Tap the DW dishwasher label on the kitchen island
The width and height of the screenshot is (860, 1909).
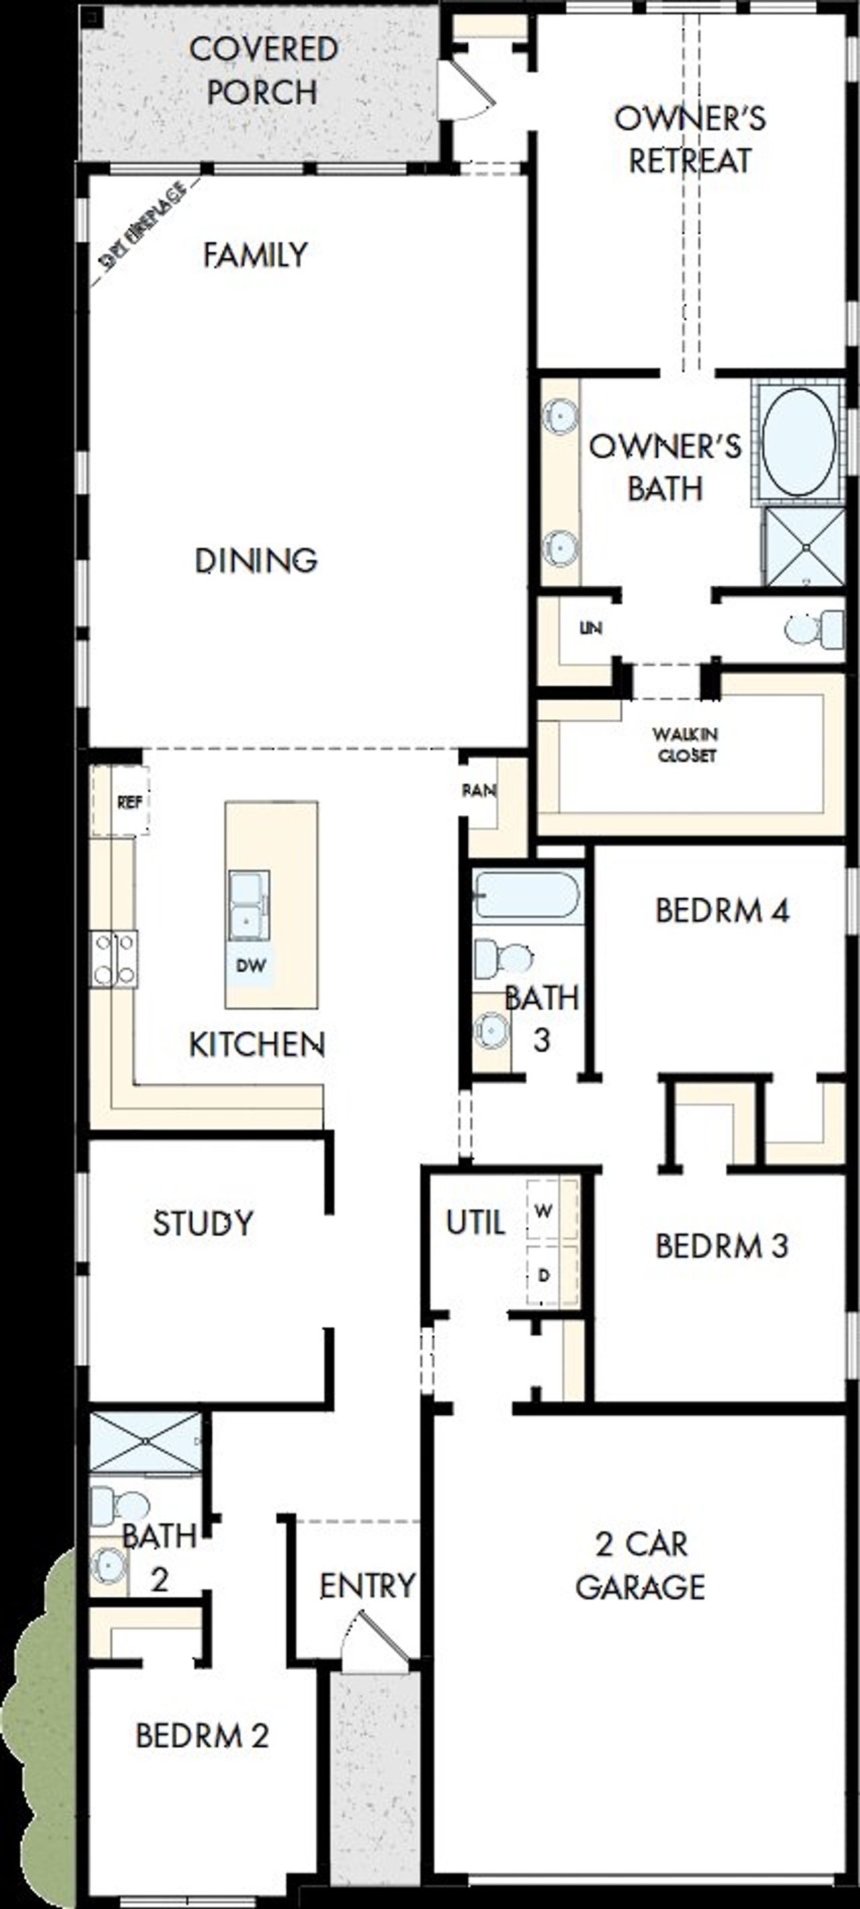click(x=251, y=966)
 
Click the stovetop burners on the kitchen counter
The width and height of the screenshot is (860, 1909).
click(x=114, y=959)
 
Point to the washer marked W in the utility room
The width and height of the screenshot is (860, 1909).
click(x=545, y=1211)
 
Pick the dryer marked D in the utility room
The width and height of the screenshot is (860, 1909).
click(x=545, y=1275)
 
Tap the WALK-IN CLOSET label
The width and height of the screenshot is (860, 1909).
click(x=685, y=744)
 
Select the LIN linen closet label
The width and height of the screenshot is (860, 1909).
click(x=590, y=628)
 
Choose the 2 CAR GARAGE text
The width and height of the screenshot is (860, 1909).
click(x=641, y=1565)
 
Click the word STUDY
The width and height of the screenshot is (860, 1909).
click(x=202, y=1222)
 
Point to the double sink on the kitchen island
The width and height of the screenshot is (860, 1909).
click(x=249, y=906)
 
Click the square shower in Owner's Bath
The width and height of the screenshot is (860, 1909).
click(x=805, y=547)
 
